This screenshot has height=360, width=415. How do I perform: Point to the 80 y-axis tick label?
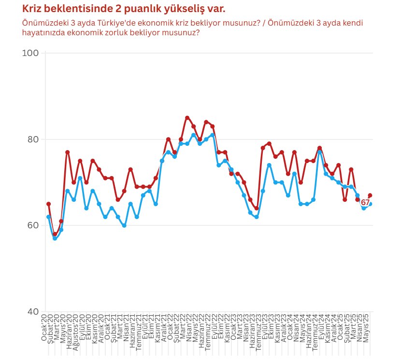31,139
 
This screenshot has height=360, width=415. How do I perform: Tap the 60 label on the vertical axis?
31,225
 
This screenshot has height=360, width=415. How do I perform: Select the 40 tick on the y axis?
31,312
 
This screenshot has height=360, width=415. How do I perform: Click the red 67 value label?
365,203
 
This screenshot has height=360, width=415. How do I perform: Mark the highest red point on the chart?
187,118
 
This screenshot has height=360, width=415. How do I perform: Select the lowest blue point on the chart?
55,238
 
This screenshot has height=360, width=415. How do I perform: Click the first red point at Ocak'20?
48,204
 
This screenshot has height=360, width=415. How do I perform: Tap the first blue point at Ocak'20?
48,217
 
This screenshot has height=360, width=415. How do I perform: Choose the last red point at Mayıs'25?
370,195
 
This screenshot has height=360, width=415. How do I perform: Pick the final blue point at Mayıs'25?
370,204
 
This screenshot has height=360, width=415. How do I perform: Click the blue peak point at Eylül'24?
320,152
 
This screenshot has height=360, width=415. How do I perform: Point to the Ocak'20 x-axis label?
44,328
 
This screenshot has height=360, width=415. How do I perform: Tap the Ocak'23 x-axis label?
233,328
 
